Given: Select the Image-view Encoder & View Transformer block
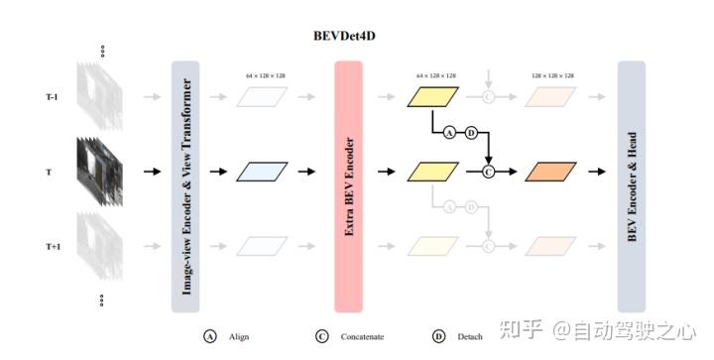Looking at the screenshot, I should coord(186,185).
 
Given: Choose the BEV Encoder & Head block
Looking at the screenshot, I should coord(632,185).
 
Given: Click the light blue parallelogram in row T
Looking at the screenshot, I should coord(262,172).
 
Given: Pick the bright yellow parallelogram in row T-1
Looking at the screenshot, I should coord(433,96).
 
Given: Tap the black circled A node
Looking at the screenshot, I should coord(449,133).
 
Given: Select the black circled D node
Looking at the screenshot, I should coord(471,133).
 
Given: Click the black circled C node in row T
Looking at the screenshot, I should coord(488,172).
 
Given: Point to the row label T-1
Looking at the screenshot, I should coord(52,96).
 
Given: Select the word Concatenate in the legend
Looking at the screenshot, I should coord(364,336).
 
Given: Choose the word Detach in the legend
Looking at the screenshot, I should coord(470,336).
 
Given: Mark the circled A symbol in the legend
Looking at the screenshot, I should coord(210,336).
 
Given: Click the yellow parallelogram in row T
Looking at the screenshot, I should coord(433,172).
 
